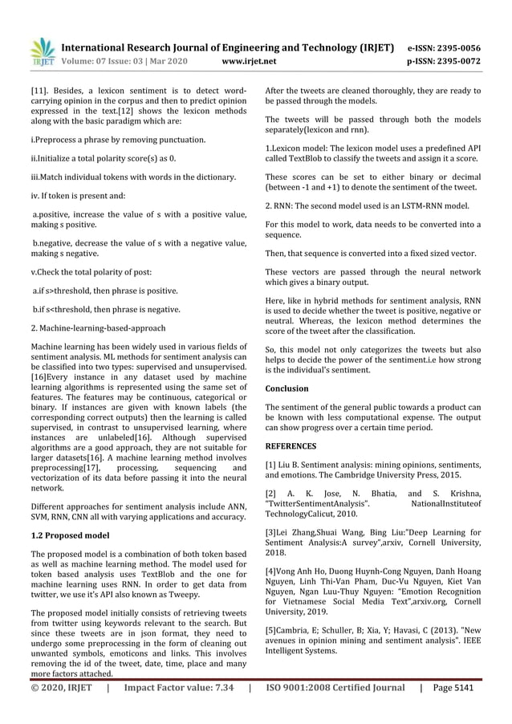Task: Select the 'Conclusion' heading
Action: (x=286, y=388)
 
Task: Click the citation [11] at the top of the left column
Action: (x=39, y=91)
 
